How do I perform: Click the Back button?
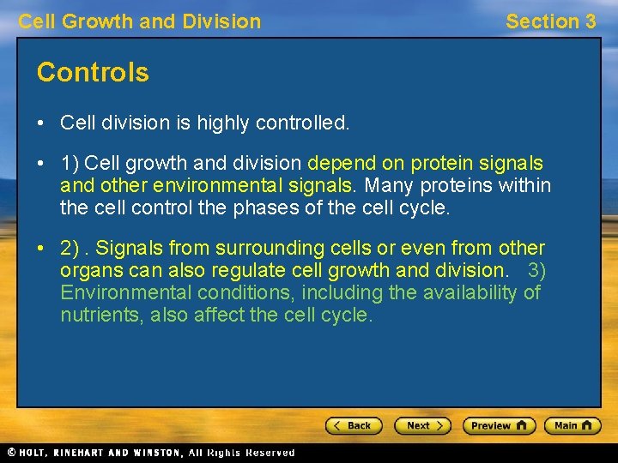pos(353,425)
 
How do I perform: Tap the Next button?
pos(421,425)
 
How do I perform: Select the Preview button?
pos(499,425)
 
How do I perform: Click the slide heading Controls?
pos(93,73)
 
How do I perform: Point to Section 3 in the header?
pos(550,21)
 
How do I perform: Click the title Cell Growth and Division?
pos(140,21)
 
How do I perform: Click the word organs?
pos(87,271)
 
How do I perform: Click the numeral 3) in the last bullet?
pos(536,271)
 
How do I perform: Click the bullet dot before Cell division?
pos(42,123)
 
